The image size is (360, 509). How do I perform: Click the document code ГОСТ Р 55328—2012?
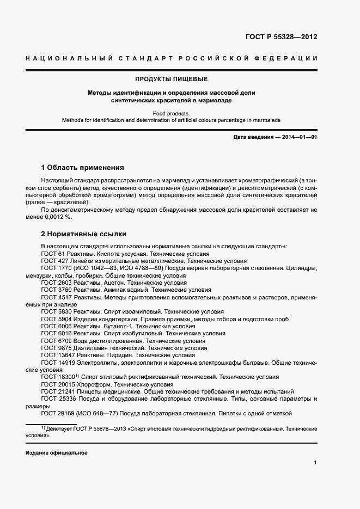tap(278, 37)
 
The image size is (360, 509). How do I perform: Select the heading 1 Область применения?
tap(83, 167)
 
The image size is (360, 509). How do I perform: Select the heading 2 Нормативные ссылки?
tap(84, 234)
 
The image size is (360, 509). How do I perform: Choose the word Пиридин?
tap(114, 355)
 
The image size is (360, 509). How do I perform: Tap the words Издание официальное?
tap(56, 453)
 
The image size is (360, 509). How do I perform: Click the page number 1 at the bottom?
tap(315, 463)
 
